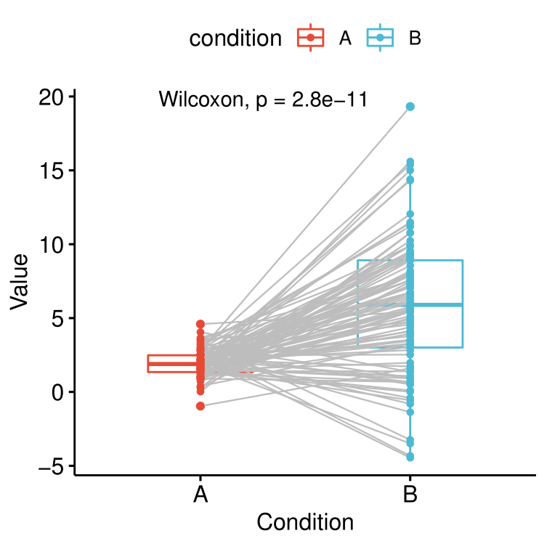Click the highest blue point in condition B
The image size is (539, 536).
click(x=410, y=107)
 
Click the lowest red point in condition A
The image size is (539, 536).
click(x=200, y=406)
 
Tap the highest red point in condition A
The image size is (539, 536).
click(x=200, y=324)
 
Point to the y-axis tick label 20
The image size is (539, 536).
click(x=52, y=98)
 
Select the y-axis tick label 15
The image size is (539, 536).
click(x=52, y=171)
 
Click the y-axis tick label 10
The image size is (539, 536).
click(x=52, y=245)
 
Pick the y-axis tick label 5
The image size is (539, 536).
click(x=58, y=319)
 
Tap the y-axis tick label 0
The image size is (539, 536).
click(x=58, y=392)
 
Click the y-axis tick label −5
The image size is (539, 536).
click(x=52, y=466)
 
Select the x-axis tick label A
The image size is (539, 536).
click(x=200, y=495)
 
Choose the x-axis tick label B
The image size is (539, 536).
click(x=410, y=495)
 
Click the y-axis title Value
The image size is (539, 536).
click(x=19, y=282)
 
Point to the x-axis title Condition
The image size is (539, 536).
click(x=305, y=522)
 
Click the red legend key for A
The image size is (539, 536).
click(x=310, y=38)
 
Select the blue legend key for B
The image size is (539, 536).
click(x=380, y=38)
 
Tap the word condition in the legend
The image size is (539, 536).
click(x=235, y=38)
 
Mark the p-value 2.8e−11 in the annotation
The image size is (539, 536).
click(x=330, y=100)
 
